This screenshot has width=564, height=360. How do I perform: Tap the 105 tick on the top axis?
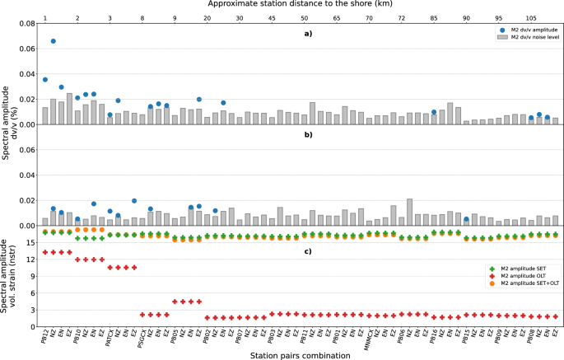[531, 16]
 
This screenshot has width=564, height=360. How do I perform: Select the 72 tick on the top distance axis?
[401, 16]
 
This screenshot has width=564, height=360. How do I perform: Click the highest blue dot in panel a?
[54, 41]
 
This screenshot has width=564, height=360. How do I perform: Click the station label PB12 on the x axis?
[45, 335]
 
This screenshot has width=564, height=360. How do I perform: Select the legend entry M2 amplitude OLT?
[513, 277]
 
